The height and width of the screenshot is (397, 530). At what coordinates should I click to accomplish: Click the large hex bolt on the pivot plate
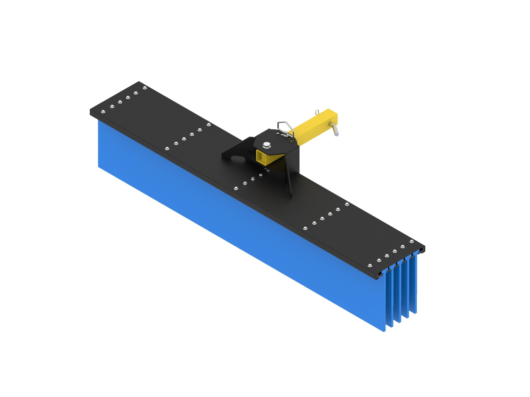[x=266, y=145]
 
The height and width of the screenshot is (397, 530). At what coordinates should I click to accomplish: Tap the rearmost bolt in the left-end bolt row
[x=145, y=88]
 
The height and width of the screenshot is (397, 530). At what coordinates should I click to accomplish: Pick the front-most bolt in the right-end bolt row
[x=370, y=265]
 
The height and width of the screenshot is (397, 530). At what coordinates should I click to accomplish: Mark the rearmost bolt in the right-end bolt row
[x=411, y=242]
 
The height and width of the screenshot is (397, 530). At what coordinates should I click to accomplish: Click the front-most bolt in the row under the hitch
[x=236, y=189]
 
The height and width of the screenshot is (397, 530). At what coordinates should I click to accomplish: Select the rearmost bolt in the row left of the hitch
[x=208, y=124]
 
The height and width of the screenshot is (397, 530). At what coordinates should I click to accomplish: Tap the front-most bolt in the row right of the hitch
[x=306, y=228]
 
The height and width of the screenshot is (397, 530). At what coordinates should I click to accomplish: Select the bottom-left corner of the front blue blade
[x=99, y=166]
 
